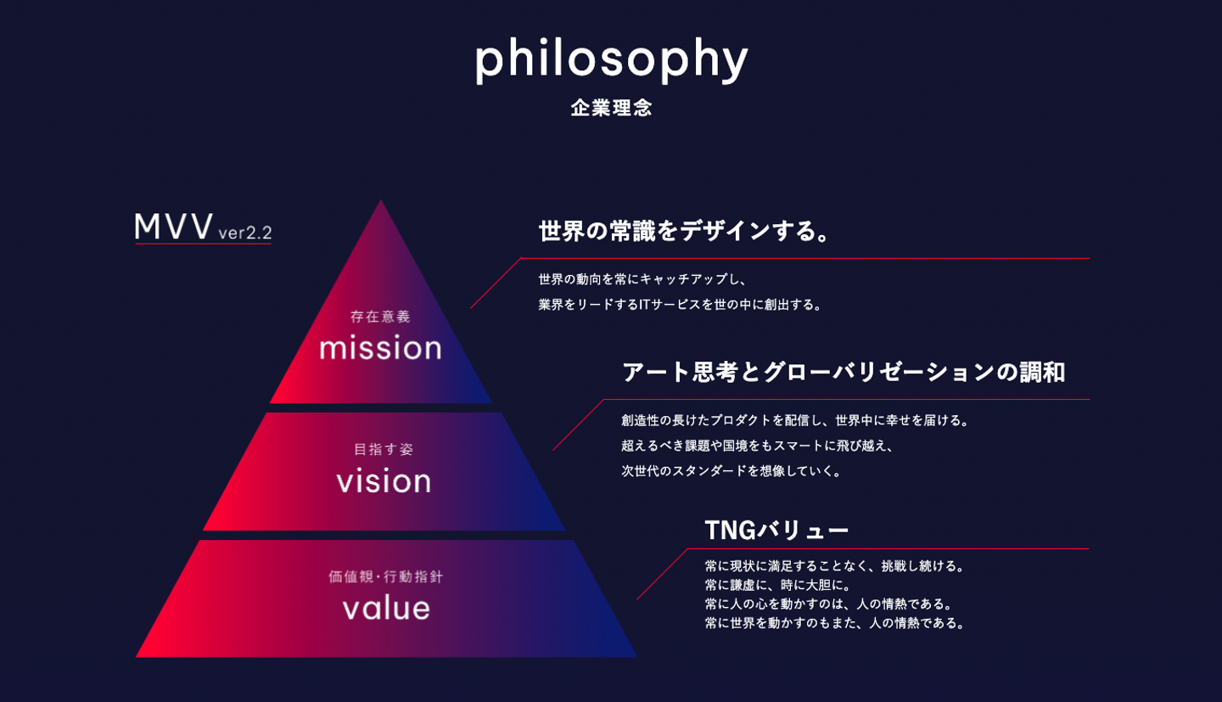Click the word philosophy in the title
(611, 60)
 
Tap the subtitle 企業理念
(611, 108)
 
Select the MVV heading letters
(174, 227)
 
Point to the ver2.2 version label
(245, 233)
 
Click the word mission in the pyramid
(380, 348)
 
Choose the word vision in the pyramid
(384, 481)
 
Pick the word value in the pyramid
(386, 608)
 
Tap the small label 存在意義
(380, 317)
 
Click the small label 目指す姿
(384, 449)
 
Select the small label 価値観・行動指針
(385, 576)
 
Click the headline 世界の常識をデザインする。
(684, 230)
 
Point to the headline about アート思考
(844, 373)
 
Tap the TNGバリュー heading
(776, 530)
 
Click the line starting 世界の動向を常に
(642, 279)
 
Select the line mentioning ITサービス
(681, 305)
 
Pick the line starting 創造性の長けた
(795, 420)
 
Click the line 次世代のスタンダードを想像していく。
(732, 470)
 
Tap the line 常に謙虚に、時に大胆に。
(778, 585)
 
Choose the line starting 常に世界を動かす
(835, 623)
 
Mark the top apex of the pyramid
(381, 199)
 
